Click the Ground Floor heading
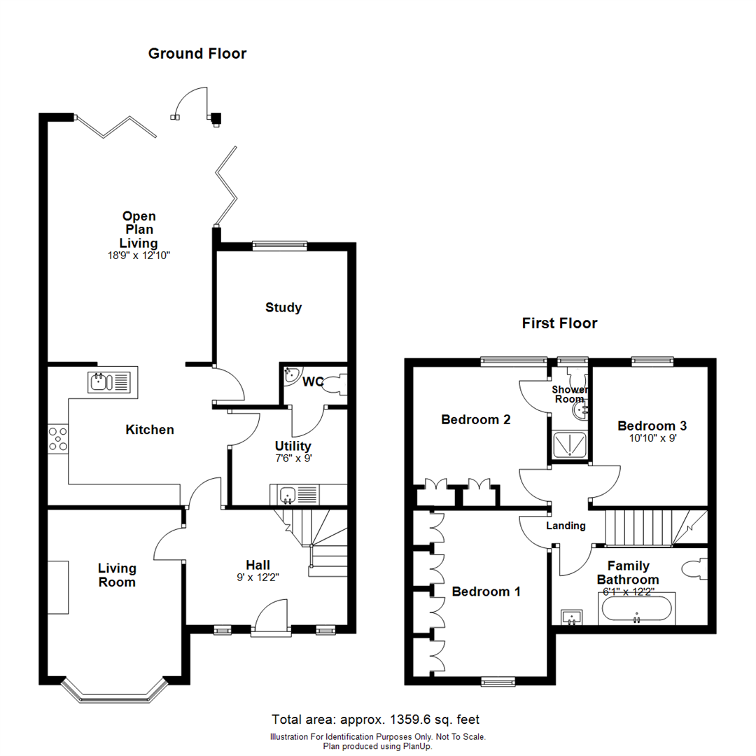(197, 53)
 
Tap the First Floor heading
(559, 323)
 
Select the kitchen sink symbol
(110, 382)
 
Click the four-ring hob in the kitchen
(57, 439)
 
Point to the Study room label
(283, 307)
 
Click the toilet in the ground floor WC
(335, 384)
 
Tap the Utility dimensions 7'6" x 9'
(293, 458)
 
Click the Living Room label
(117, 575)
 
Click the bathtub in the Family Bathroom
(636, 609)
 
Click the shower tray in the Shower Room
(569, 444)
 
